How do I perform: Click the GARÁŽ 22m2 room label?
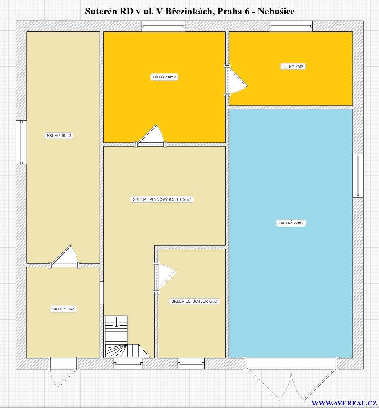tap(291, 223)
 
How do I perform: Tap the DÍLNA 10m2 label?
tap(164, 77)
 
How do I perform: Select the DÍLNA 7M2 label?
tap(293, 66)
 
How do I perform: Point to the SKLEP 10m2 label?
tap(59, 136)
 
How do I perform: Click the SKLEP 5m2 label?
tap(63, 309)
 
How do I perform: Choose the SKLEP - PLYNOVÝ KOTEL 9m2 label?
tap(161, 199)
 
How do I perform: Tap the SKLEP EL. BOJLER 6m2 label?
tap(194, 302)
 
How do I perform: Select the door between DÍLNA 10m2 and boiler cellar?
tap(151, 136)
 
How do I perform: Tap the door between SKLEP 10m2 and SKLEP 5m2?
tap(65, 257)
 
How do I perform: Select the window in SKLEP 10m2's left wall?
tap(21, 142)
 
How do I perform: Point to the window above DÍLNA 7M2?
tap(291, 26)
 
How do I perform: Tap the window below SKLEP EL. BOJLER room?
tap(191, 364)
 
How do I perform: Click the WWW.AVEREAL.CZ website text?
tap(344, 403)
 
